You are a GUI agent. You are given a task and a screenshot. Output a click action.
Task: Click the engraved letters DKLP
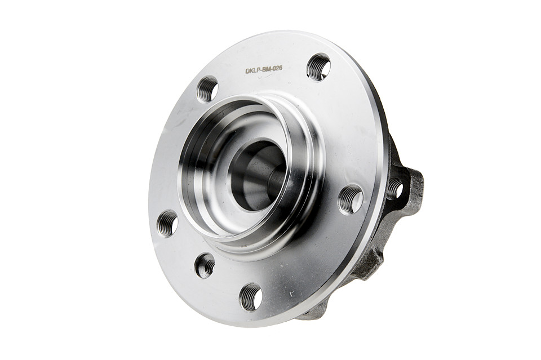pos(252,70)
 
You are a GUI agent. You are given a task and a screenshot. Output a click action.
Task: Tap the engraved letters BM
pos(267,69)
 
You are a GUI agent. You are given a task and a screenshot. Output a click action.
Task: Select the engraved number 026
pos(277,69)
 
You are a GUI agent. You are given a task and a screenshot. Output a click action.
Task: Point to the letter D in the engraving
pos(247,70)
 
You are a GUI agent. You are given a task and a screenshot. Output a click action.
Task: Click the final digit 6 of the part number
pos(281,68)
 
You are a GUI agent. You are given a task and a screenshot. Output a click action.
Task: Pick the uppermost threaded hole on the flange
pos(318,66)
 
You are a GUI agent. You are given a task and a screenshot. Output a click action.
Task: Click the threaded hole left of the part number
pos(208,88)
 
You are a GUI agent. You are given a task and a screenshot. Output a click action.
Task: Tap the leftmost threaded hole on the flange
pos(167,224)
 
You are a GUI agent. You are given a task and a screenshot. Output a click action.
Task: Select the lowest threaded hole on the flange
pos(251,296)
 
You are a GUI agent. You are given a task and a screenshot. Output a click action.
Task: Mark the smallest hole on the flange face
pos(205,264)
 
